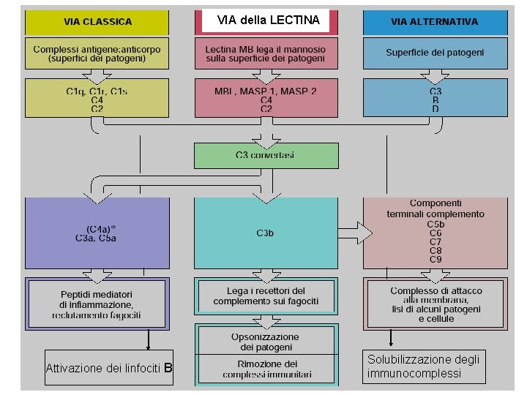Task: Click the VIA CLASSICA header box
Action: coord(97,22)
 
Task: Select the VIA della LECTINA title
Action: coord(269,20)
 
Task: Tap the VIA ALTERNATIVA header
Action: coord(435,22)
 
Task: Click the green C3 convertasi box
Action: coord(266,155)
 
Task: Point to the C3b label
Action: coord(266,233)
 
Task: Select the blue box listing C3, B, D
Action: coord(435,99)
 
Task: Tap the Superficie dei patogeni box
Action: coord(435,53)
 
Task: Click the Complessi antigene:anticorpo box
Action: coord(97,53)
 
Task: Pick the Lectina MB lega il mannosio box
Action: coord(266,53)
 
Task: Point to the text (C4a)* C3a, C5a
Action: coord(97,233)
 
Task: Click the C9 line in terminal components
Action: coord(436,260)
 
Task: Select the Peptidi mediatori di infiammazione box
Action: coord(97,304)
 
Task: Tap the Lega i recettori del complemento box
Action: coord(266,296)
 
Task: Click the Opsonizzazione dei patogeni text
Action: coord(266,341)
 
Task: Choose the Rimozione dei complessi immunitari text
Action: coord(266,369)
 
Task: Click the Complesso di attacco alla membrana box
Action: coord(436,304)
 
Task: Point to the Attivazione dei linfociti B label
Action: coord(109,368)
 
